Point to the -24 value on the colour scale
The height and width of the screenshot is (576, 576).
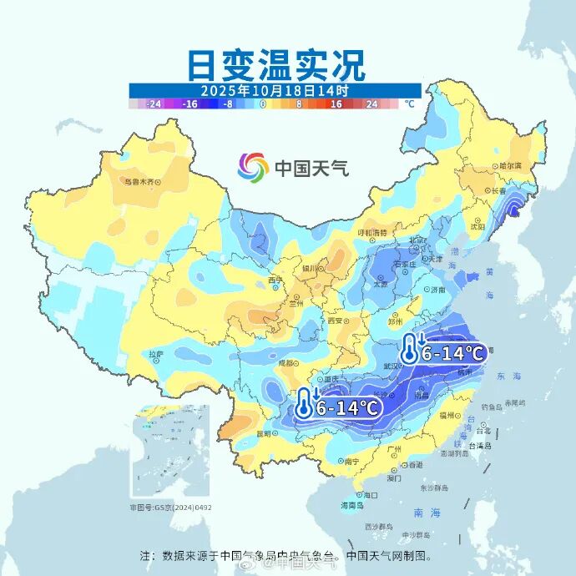(x=154, y=104)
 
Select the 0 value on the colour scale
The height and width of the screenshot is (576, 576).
(x=263, y=104)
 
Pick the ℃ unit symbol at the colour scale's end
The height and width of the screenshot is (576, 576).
(x=409, y=104)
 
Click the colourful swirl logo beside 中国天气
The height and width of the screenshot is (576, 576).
(x=252, y=167)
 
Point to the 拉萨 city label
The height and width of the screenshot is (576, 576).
(x=155, y=355)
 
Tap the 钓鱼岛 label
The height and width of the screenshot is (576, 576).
(x=492, y=407)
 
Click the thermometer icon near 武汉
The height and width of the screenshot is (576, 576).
(x=409, y=349)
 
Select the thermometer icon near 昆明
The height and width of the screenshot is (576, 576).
(x=304, y=405)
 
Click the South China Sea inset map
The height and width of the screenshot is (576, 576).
(x=170, y=452)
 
